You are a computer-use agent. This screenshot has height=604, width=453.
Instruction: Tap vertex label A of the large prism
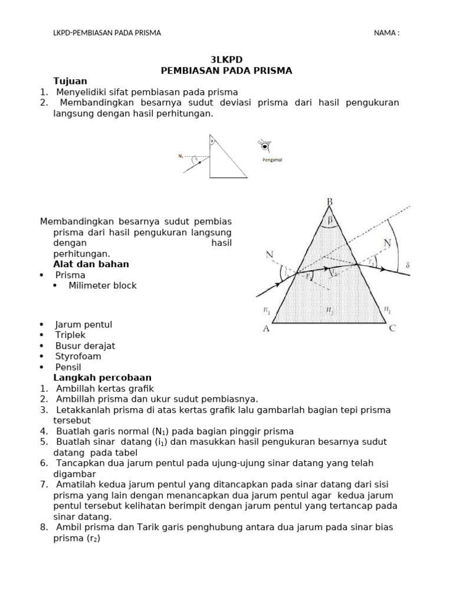(266, 329)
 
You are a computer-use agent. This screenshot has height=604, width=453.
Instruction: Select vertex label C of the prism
(393, 329)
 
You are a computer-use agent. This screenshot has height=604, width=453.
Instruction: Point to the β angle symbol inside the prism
(330, 219)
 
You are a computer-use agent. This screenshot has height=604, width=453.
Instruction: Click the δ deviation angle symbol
(407, 265)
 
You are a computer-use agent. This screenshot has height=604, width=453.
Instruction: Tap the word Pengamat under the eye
(272, 159)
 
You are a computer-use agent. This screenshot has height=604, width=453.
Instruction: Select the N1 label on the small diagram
(180, 156)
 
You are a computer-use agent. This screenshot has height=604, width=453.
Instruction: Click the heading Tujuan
(70, 81)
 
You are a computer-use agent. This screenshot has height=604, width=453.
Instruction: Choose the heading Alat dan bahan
(91, 264)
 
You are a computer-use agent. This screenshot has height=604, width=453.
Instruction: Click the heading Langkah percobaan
(102, 377)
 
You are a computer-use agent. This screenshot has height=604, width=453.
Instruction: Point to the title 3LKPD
(226, 60)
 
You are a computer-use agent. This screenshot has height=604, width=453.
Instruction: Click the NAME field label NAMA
(386, 33)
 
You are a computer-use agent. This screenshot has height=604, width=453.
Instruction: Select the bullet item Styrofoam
(78, 356)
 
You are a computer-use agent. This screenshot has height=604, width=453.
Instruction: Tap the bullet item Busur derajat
(85, 346)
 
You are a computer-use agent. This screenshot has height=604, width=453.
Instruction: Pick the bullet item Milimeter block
(102, 285)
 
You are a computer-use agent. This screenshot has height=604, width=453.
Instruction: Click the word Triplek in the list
(70, 335)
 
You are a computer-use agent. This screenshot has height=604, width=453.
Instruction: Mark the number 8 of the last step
(44, 527)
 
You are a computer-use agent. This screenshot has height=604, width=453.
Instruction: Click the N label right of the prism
(387, 242)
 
